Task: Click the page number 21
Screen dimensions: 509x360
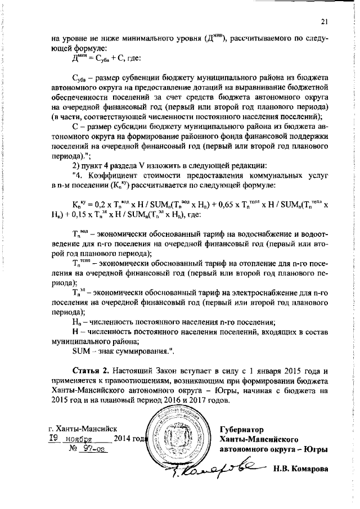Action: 323,21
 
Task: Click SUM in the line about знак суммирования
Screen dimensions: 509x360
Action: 83,352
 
